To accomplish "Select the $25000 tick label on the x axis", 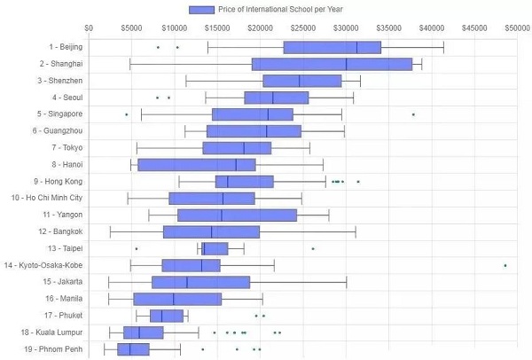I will (x=303, y=28).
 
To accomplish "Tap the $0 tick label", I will (x=89, y=28).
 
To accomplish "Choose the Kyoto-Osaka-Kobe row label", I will (x=43, y=265).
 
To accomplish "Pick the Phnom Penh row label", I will (x=54, y=349).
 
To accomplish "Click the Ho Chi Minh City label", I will (x=45, y=198).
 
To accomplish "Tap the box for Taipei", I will (x=215, y=248).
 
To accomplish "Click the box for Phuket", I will (x=167, y=316).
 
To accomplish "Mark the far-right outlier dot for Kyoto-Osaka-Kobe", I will (x=505, y=265).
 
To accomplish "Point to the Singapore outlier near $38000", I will (x=413, y=114).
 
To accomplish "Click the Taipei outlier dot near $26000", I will (x=313, y=248).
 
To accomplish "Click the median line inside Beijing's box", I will (x=357, y=47).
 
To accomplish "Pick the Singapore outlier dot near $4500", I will (x=127, y=114).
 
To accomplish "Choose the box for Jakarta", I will (x=200, y=282).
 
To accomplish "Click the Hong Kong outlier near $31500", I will (x=358, y=181).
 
